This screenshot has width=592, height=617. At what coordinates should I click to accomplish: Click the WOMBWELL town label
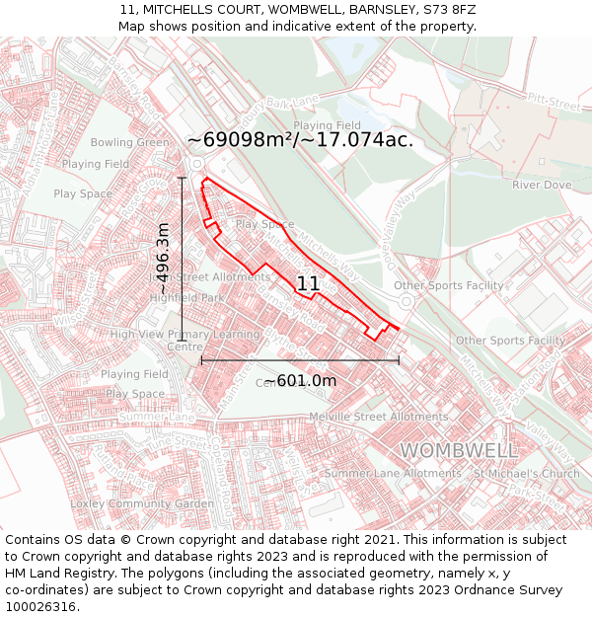(x=459, y=451)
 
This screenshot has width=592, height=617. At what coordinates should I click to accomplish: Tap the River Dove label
(x=542, y=185)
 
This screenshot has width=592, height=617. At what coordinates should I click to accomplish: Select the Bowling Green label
(x=130, y=143)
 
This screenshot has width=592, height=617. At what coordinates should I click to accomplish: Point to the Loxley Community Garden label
(x=143, y=503)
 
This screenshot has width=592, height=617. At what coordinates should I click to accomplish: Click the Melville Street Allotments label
(x=394, y=418)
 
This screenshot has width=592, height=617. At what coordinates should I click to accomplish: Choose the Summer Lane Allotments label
(x=393, y=474)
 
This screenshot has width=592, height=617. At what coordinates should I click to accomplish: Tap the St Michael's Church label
(x=527, y=474)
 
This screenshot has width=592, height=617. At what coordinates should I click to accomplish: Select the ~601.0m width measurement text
(x=300, y=381)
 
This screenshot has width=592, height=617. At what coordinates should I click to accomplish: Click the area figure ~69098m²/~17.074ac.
(x=300, y=139)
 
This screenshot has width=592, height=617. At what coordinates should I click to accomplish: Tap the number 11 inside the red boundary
(x=308, y=284)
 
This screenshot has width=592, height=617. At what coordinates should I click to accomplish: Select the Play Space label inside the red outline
(x=264, y=224)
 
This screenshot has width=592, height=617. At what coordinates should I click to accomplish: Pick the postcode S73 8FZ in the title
(x=449, y=9)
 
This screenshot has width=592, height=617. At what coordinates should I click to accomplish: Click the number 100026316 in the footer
(x=40, y=606)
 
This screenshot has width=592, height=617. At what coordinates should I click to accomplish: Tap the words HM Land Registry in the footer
(x=59, y=573)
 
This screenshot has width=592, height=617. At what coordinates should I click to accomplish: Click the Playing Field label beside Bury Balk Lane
(x=327, y=125)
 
